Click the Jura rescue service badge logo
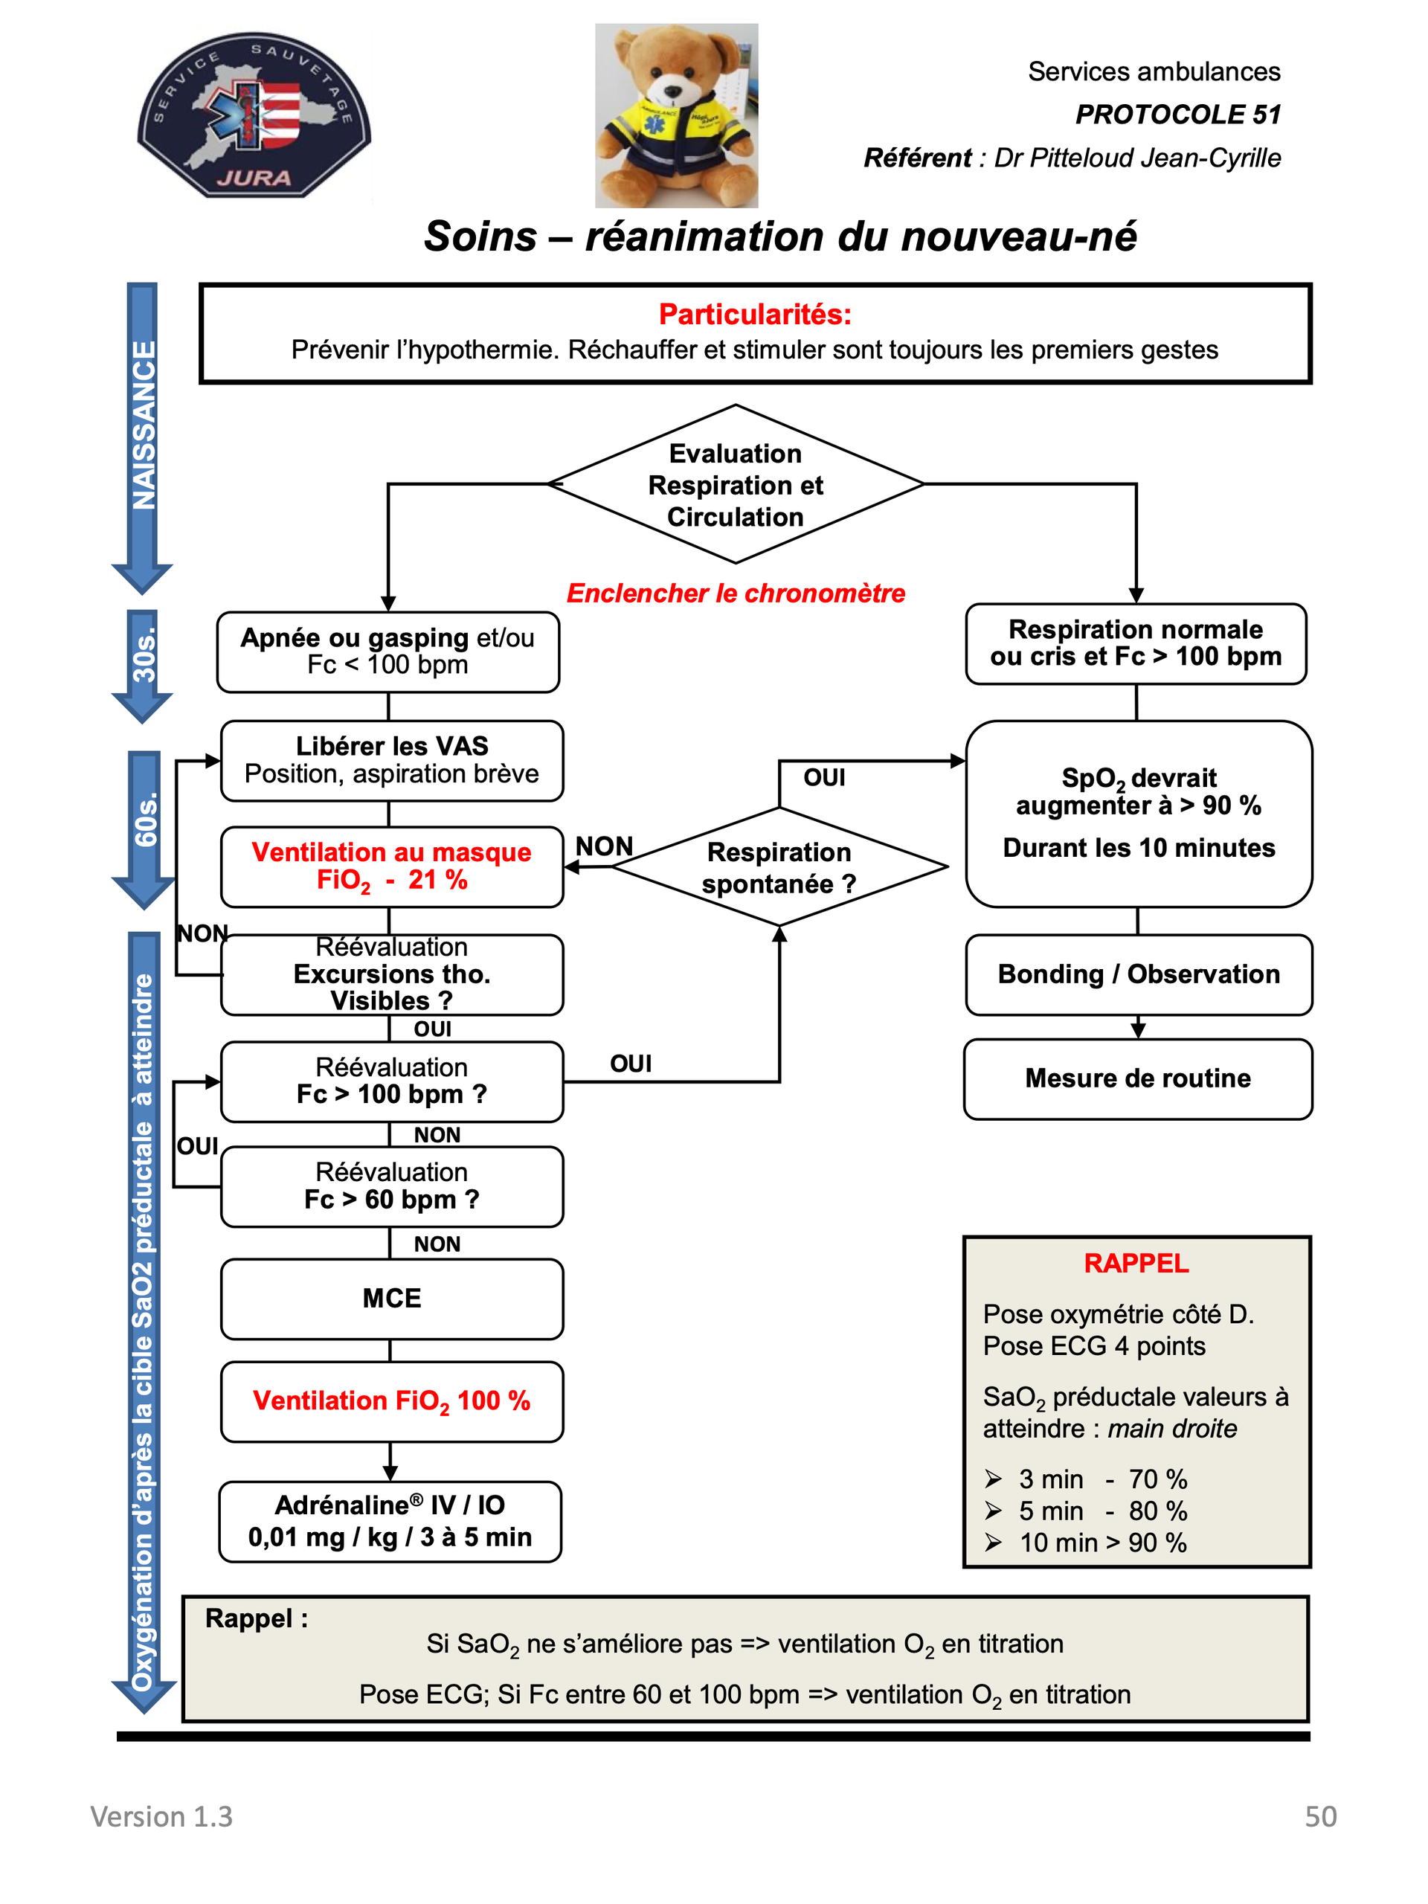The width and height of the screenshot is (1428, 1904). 254,115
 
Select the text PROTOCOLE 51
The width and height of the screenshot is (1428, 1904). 1177,114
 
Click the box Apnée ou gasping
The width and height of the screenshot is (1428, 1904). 388,652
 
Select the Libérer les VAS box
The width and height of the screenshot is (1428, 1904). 392,761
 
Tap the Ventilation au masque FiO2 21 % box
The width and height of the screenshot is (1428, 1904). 392,866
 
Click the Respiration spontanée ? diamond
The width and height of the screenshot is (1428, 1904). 779,866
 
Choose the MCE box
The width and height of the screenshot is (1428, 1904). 392,1299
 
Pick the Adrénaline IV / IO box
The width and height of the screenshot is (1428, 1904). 390,1521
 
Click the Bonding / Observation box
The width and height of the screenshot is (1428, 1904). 1139,974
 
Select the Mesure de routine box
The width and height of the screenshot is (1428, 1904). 1138,1078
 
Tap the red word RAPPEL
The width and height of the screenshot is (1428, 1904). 1136,1263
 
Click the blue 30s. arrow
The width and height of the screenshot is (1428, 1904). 143,666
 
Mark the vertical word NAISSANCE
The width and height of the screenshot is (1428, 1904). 144,425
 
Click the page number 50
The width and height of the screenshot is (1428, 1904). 1320,1816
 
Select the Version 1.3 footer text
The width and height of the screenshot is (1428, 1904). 162,1816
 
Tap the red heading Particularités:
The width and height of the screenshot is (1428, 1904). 755,314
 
